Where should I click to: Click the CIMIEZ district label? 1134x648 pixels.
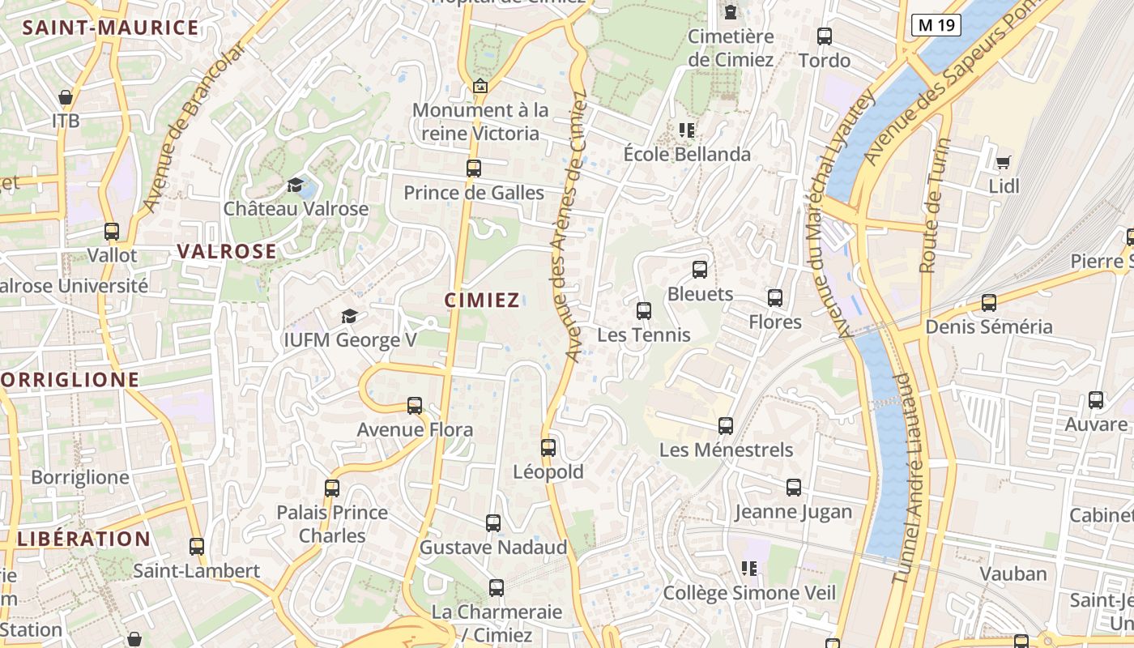482,301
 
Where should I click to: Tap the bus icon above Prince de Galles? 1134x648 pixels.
474,168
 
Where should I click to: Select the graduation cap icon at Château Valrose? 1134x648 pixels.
296,185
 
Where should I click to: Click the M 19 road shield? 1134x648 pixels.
936,25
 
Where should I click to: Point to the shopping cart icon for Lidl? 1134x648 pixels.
1004,162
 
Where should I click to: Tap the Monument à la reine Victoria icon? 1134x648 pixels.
480,86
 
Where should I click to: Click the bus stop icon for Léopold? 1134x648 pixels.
548,447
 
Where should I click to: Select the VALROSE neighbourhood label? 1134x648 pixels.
227,251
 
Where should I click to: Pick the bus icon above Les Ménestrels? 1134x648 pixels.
726,425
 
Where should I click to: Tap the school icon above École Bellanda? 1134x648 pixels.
687,130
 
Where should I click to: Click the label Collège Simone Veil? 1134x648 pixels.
749,593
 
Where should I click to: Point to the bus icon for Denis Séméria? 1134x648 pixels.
989,303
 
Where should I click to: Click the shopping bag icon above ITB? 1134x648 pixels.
66,97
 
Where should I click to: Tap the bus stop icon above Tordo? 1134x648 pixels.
825,36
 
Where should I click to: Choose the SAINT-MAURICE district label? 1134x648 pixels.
110,28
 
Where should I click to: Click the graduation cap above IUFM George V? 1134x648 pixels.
349,316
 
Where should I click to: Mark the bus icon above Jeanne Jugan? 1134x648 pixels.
794,488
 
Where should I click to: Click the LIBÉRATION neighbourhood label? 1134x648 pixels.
84,539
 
